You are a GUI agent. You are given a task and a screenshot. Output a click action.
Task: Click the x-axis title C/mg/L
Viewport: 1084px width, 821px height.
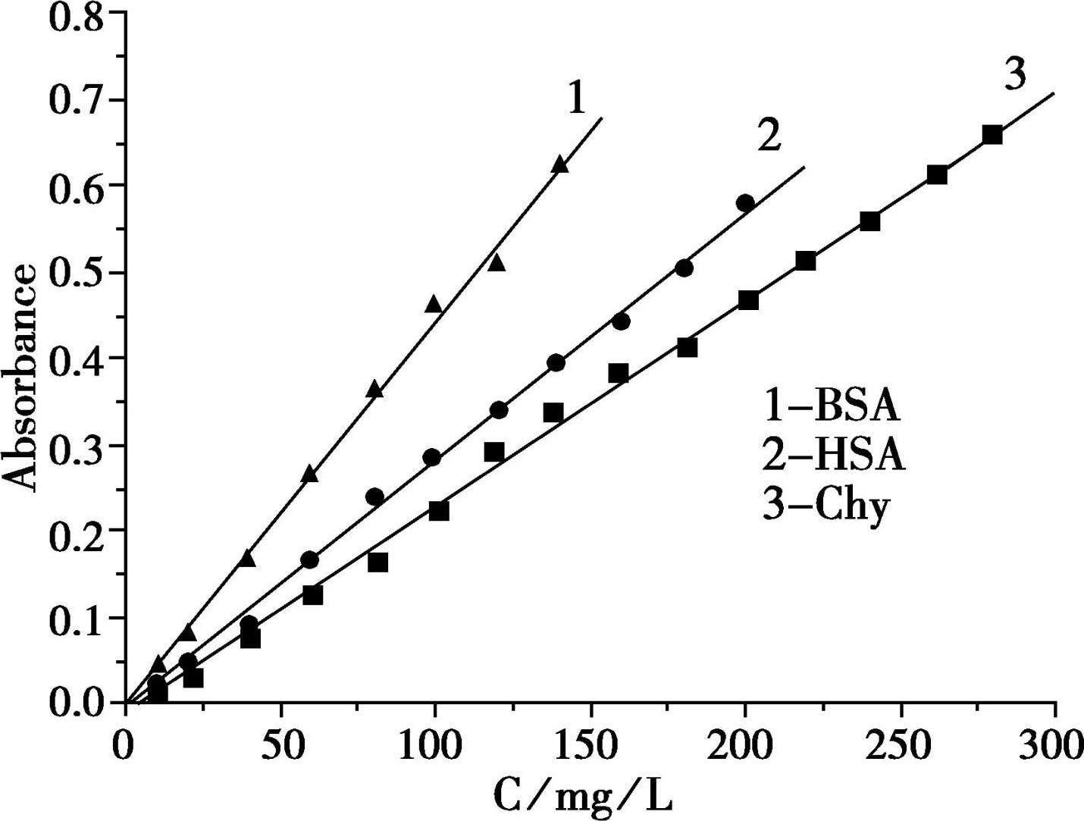(x=583, y=795)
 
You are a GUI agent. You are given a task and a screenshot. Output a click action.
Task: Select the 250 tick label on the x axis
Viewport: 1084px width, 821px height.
(x=901, y=745)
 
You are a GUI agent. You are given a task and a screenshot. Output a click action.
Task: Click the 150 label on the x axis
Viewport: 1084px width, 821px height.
(x=590, y=745)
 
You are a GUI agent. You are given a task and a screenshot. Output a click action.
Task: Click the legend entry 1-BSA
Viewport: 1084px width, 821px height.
(x=832, y=406)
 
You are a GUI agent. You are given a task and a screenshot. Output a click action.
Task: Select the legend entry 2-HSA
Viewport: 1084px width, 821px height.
(x=834, y=456)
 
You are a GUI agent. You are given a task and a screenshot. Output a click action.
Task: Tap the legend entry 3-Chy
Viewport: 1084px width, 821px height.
(x=826, y=506)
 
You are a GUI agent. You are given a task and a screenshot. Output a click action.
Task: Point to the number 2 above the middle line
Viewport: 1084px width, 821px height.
(x=769, y=136)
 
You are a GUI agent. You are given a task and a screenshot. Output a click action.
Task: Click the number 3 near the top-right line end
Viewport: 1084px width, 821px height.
(x=1015, y=74)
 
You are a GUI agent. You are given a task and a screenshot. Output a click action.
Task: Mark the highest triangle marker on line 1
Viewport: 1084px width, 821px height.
(x=559, y=165)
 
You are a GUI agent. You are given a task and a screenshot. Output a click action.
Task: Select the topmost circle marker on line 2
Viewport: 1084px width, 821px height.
(x=745, y=203)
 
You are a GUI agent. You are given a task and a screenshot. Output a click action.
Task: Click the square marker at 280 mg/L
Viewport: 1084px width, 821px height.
(x=992, y=135)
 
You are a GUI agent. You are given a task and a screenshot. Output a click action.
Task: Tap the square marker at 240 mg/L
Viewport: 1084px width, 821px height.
(x=870, y=221)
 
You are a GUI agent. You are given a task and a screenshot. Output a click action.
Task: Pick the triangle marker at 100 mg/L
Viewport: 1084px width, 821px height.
(x=434, y=304)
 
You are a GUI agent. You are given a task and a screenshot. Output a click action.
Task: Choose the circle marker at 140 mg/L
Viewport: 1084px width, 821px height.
(x=556, y=363)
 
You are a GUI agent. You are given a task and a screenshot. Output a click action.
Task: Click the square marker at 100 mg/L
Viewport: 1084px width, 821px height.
(x=439, y=511)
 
